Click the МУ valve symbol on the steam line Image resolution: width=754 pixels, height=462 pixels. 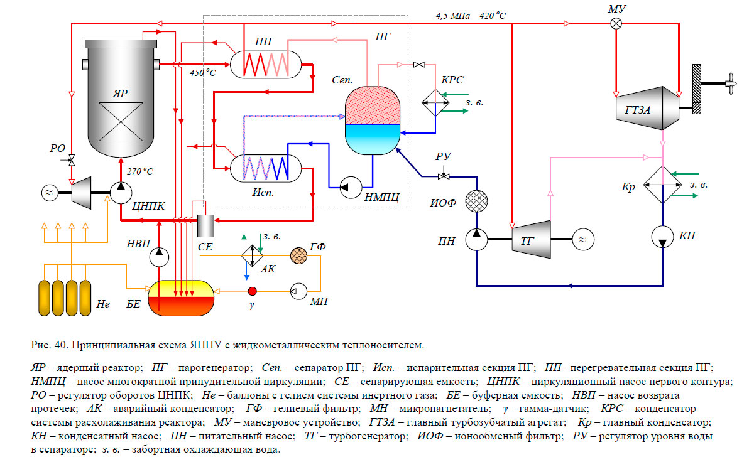click(617, 24)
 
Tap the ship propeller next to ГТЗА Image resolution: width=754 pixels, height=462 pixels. click(730, 82)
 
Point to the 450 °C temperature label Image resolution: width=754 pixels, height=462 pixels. click(203, 73)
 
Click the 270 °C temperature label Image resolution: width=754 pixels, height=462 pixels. click(140, 170)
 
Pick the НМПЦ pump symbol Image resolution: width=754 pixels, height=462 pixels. click(346, 186)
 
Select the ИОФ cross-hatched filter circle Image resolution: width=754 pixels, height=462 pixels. click(476, 201)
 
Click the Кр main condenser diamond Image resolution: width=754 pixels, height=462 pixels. click(662, 184)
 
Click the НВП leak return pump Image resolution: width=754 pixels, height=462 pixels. click(160, 252)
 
